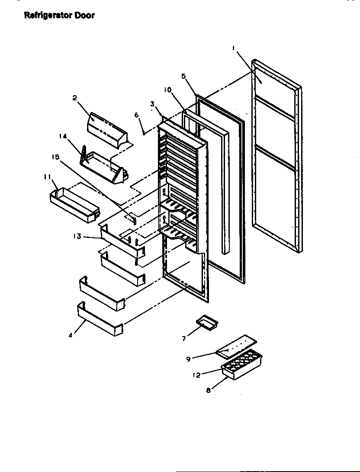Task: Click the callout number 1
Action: (233, 49)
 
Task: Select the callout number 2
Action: (74, 98)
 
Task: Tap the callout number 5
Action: (183, 76)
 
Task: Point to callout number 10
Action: (167, 90)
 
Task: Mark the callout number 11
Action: (47, 177)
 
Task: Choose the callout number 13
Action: (77, 236)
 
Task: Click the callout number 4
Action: (71, 335)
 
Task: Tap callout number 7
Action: (184, 339)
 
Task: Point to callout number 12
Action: (196, 375)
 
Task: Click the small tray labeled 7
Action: (206, 322)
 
